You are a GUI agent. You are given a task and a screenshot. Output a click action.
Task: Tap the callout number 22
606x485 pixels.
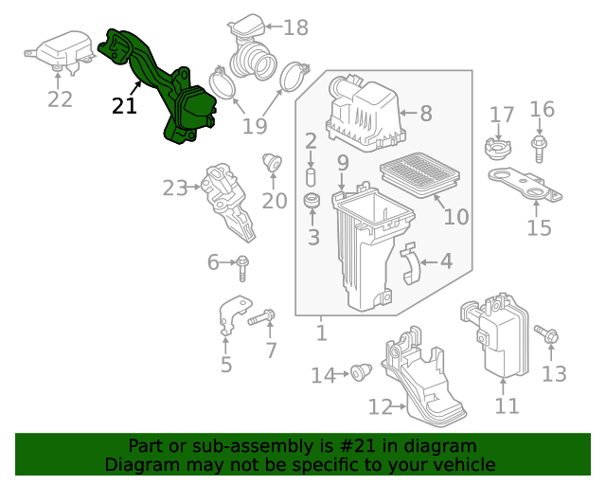tap(60, 99)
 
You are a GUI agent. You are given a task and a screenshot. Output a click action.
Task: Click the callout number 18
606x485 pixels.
tap(295, 27)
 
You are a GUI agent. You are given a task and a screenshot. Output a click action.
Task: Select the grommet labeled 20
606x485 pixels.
tap(272, 163)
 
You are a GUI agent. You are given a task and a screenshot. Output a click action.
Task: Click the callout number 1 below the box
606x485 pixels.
tap(321, 332)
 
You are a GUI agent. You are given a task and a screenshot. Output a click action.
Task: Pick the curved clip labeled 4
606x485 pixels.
tap(410, 262)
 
